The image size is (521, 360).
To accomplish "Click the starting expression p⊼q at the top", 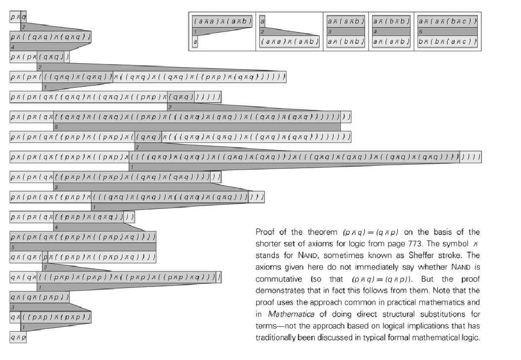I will click(x=18, y=17).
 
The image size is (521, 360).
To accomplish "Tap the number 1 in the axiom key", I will click(x=195, y=31).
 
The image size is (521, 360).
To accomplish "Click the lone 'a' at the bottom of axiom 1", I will click(x=195, y=42).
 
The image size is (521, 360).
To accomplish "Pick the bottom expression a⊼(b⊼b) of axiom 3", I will click(x=345, y=42).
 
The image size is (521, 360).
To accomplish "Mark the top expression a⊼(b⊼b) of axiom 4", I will click(x=391, y=21).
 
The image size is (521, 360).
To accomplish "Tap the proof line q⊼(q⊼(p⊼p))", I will click(x=39, y=297).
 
